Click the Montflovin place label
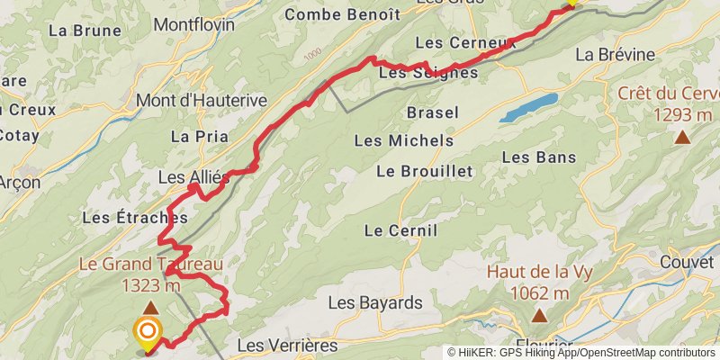coord(195,24)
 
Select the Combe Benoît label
coord(341,14)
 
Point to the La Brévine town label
coord(615,54)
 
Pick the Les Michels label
coord(403,140)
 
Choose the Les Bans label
coord(538,157)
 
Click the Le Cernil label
coord(400,230)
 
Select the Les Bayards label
coord(374,301)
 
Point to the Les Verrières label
coord(286,345)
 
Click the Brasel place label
coord(433,113)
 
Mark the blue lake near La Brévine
coord(528,107)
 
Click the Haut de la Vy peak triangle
coord(539,315)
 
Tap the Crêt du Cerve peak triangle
coord(683,137)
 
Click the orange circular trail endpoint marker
coord(147,332)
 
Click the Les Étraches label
coord(134,217)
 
